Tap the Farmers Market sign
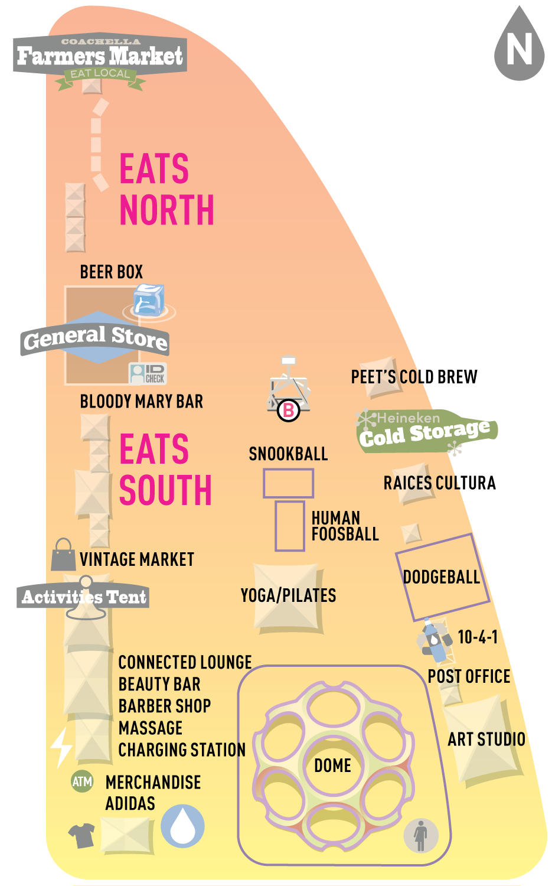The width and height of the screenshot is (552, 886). click(x=100, y=56)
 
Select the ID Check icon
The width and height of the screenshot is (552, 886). click(x=148, y=373)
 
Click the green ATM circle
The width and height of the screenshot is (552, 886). click(x=82, y=781)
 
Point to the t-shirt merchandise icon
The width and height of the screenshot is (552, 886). click(x=82, y=835)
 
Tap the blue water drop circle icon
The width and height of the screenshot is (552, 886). click(x=183, y=825)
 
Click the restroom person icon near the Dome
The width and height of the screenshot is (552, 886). click(x=421, y=836)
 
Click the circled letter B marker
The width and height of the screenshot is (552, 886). click(x=289, y=410)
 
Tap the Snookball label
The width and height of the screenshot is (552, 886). click(x=288, y=454)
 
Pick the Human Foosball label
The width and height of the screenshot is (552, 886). click(x=345, y=526)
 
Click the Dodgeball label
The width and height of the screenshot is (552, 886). click(x=441, y=576)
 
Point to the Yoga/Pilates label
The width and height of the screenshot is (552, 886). click(x=288, y=595)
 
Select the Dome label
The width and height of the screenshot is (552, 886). click(x=332, y=766)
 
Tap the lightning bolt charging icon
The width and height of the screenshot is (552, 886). click(x=61, y=747)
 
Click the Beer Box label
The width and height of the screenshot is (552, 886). click(x=112, y=272)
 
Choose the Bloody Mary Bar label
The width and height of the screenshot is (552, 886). click(x=142, y=402)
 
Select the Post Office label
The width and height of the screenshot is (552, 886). click(x=469, y=676)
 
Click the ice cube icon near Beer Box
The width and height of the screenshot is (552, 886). click(x=149, y=300)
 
